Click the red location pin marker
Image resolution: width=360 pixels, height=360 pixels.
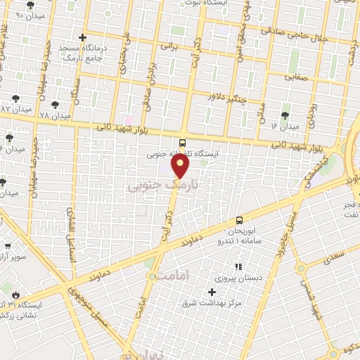pyautogui.click(x=181, y=167)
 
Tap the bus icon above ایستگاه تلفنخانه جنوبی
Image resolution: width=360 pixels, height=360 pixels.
pyautogui.click(x=183, y=143)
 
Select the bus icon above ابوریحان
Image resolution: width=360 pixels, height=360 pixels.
pyautogui.click(x=240, y=220)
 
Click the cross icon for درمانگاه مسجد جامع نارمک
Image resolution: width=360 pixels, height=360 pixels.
pyautogui.click(x=84, y=37)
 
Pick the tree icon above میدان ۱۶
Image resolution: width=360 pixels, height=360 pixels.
pyautogui.click(x=285, y=115)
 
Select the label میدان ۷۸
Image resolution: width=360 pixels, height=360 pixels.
pyautogui.click(x=56, y=115)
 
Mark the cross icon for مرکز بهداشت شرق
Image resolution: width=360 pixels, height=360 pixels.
pyautogui.click(x=212, y=291)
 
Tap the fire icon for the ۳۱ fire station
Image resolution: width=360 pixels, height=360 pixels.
pyautogui.click(x=9, y=290)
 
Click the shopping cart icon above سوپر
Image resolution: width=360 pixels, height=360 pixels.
pyautogui.click(x=8, y=247)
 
